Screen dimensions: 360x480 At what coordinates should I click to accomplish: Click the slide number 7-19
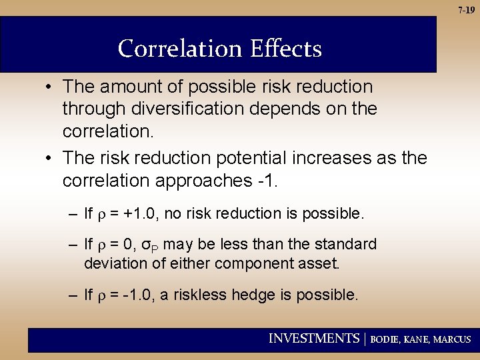[467, 10]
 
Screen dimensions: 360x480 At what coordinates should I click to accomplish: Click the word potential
[253, 157]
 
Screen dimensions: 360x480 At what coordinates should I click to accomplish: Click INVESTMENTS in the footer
[313, 339]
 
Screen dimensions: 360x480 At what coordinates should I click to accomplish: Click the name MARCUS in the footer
[451, 339]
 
